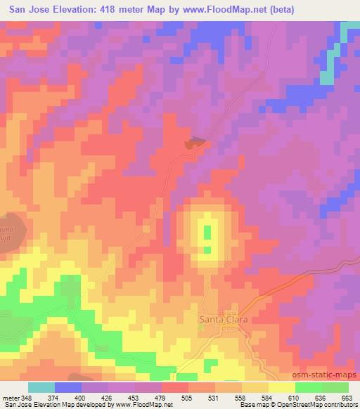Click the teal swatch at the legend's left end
point(41,388)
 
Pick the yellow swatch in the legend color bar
point(281,388)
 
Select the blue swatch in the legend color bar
point(68,388)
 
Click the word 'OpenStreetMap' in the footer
point(310,405)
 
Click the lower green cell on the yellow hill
point(207,249)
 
